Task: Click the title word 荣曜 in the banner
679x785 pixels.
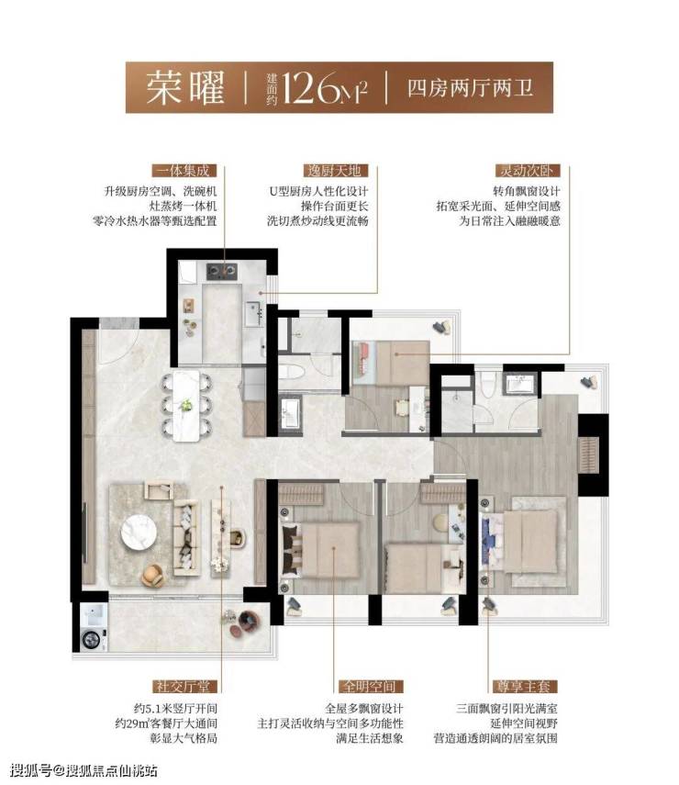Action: click(x=184, y=87)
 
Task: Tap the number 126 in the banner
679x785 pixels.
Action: click(x=311, y=88)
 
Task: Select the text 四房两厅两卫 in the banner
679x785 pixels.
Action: click(x=470, y=89)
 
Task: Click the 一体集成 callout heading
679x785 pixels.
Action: click(x=184, y=171)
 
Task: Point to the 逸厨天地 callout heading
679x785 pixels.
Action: click(x=335, y=171)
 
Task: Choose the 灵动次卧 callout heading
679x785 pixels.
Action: click(x=528, y=171)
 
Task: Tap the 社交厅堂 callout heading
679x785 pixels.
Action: click(x=184, y=687)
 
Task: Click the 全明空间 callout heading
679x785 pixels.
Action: click(x=372, y=687)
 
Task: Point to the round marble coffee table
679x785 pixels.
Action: click(x=139, y=533)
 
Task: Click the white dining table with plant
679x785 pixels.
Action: click(x=186, y=406)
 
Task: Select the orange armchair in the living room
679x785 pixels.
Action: click(x=152, y=576)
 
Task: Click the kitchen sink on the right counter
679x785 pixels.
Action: click(x=253, y=313)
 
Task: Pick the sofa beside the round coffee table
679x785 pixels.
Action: click(x=186, y=537)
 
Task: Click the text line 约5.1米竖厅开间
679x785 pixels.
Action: click(x=175, y=709)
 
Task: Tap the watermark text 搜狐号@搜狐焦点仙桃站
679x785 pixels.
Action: click(x=83, y=769)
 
